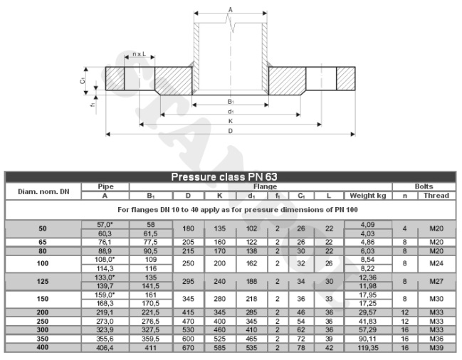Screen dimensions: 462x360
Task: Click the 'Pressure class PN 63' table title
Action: tap(224, 176)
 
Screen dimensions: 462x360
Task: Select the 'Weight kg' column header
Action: tap(368, 196)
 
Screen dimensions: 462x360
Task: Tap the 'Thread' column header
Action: tap(436, 196)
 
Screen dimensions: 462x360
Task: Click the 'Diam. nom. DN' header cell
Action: tap(43, 191)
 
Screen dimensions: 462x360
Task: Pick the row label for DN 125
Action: tap(43, 281)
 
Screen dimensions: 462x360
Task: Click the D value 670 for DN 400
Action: tap(188, 348)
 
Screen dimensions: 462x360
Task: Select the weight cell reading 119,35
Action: tap(368, 348)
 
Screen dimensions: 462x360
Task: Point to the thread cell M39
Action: tap(436, 348)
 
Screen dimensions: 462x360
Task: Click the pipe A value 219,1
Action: tap(105, 312)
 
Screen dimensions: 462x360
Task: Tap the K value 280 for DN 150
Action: tap(219, 299)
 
